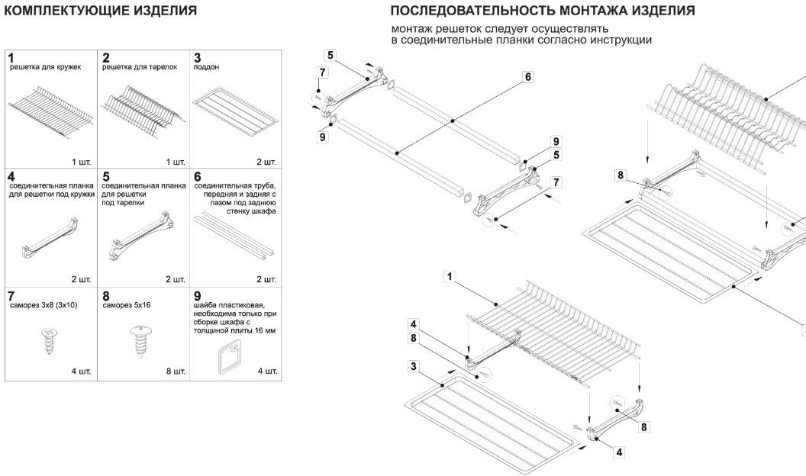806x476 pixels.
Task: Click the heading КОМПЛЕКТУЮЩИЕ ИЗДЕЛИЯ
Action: click(x=101, y=11)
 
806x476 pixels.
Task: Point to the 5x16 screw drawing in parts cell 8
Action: click(x=140, y=340)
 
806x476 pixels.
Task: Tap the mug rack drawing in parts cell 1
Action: click(x=51, y=112)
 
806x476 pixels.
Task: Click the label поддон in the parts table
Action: click(x=206, y=67)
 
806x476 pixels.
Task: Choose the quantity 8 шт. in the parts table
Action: click(x=176, y=371)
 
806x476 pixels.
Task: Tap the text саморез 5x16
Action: click(x=127, y=305)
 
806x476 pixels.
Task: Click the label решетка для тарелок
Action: click(x=140, y=67)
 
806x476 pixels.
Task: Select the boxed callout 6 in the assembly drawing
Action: click(x=528, y=77)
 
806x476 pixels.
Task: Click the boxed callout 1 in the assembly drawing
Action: click(x=450, y=277)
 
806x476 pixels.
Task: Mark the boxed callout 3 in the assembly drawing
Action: click(x=414, y=367)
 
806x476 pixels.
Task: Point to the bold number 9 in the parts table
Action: click(x=198, y=296)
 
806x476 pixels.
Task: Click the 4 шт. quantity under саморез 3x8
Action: click(x=81, y=371)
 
